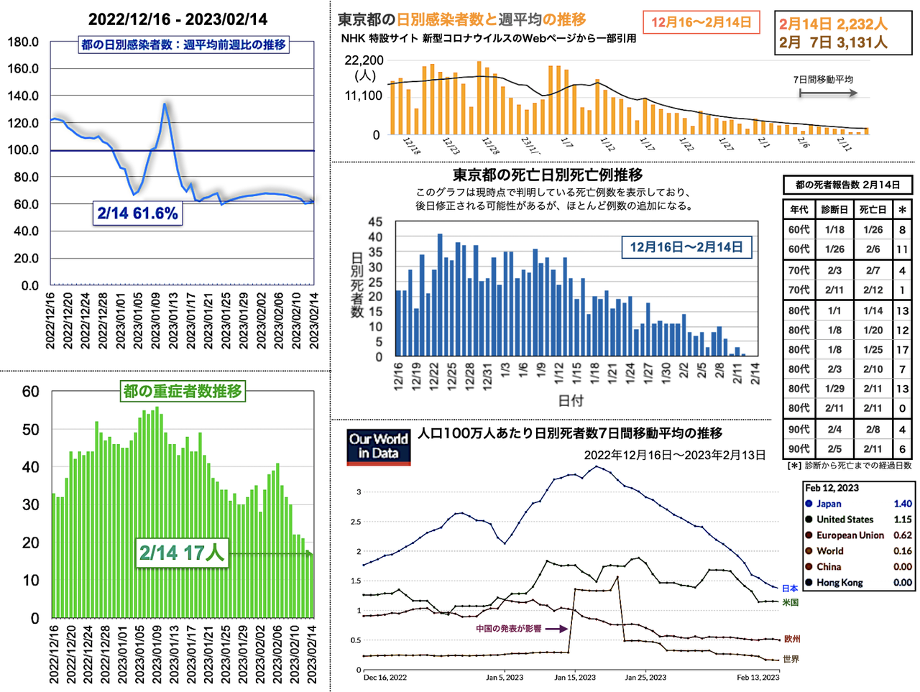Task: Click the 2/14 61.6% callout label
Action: [137, 213]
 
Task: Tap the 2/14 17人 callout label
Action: [182, 553]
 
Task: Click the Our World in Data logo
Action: [378, 446]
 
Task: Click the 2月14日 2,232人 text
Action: [833, 24]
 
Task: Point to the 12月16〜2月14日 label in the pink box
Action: [701, 22]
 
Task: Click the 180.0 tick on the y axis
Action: [24, 42]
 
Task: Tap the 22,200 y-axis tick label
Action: [364, 60]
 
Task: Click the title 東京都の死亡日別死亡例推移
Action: [548, 175]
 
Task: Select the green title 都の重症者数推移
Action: [183, 392]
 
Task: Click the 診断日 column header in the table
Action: [834, 210]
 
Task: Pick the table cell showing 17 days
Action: [902, 350]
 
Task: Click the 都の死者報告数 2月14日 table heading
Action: [847, 185]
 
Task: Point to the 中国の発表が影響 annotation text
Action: [508, 629]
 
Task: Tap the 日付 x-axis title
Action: [571, 400]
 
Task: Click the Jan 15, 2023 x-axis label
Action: [575, 677]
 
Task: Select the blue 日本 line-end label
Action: [790, 589]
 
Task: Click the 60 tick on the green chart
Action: [31, 392]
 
